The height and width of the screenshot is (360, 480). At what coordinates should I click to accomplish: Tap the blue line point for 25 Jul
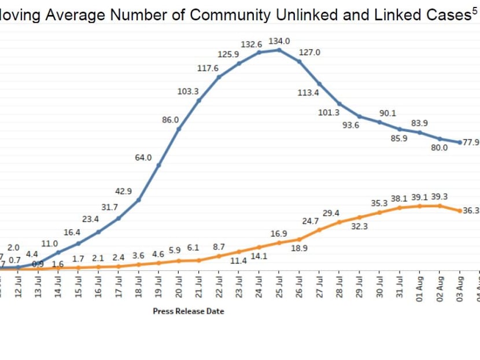pos(279,50)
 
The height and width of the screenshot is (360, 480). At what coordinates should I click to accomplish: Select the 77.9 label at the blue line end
pos(471,142)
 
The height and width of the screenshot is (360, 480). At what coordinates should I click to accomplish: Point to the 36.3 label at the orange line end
pos(471,211)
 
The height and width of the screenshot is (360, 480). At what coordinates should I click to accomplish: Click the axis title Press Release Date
pos(188,311)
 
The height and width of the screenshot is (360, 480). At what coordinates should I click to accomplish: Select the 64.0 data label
pos(143,157)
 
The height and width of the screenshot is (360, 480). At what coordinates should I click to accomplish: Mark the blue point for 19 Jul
pos(159,165)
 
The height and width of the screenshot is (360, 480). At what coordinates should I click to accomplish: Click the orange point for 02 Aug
pos(440,205)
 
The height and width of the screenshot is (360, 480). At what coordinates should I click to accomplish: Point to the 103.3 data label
pos(188,91)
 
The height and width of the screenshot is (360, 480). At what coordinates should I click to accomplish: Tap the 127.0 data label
pos(309,52)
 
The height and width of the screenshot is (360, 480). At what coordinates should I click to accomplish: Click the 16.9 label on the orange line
pos(279,234)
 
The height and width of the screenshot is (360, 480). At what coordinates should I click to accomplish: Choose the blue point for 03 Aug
pos(460,142)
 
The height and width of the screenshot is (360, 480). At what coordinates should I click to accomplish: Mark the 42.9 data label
pos(123,191)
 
